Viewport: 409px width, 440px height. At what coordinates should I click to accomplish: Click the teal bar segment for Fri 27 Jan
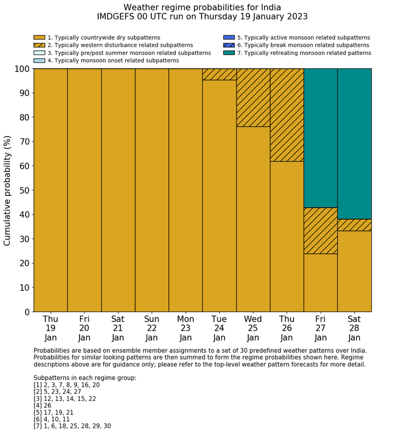pos(321,138)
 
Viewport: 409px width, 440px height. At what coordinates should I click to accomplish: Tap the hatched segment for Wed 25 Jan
pos(253,97)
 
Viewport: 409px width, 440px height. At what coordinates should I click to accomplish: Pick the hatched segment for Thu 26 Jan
pos(287,115)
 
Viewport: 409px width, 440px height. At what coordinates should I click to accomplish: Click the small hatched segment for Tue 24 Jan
pos(219,74)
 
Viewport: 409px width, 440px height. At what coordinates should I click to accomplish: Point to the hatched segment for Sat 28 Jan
pos(355,225)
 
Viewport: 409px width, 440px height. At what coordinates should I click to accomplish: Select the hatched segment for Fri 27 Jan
pos(321,231)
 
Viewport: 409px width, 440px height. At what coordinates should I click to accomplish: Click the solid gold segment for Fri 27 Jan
pos(321,282)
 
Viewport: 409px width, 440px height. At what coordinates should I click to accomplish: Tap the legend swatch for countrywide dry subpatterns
pos(39,37)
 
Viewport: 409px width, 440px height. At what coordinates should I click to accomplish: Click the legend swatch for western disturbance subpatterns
pos(39,45)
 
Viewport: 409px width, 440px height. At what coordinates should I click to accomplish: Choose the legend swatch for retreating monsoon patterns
pos(228,53)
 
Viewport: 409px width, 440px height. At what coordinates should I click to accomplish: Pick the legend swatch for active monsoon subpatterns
pos(228,37)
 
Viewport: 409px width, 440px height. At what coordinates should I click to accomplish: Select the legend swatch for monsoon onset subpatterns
pos(39,60)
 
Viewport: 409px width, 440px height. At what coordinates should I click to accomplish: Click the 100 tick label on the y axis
pos(20,69)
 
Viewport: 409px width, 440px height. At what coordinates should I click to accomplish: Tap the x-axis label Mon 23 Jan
pos(185,328)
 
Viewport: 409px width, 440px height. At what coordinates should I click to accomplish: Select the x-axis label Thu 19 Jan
pos(50,328)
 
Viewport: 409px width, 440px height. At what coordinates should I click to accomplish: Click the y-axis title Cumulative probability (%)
pos(8,190)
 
